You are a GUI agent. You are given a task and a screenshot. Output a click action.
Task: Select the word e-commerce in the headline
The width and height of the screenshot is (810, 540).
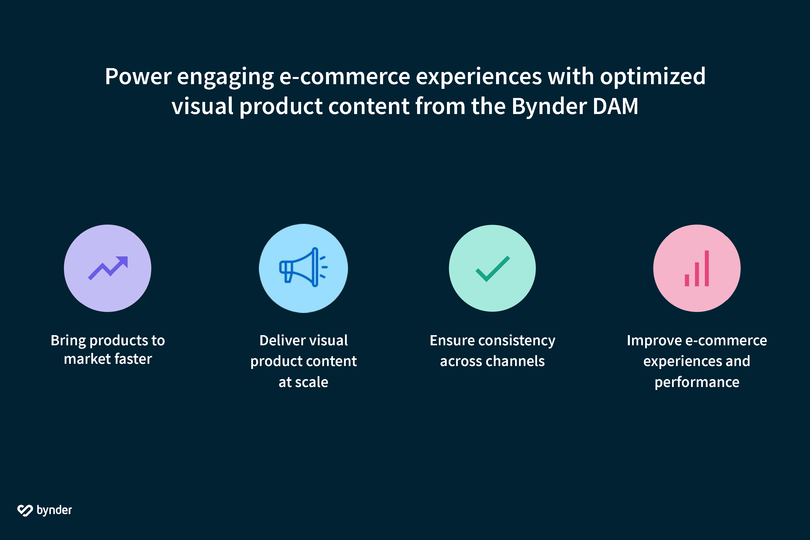[x=344, y=77]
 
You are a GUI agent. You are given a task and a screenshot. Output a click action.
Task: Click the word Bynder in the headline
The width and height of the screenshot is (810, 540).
[x=549, y=106]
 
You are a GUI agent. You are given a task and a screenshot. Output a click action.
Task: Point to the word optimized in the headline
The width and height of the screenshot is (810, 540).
[x=653, y=77]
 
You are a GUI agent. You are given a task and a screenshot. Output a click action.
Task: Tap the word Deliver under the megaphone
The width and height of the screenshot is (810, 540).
[x=278, y=340]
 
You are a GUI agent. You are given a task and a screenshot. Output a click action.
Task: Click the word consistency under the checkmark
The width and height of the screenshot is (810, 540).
[x=517, y=340]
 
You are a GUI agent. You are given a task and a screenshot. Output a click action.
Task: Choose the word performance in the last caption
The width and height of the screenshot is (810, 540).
[x=697, y=382]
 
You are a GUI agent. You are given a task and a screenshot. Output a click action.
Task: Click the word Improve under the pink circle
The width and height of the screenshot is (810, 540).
[x=654, y=340]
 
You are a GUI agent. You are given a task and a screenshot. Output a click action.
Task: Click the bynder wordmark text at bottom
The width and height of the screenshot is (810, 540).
[x=54, y=510]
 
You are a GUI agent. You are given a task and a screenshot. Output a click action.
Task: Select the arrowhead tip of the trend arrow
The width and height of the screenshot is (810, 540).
[x=124, y=260]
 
